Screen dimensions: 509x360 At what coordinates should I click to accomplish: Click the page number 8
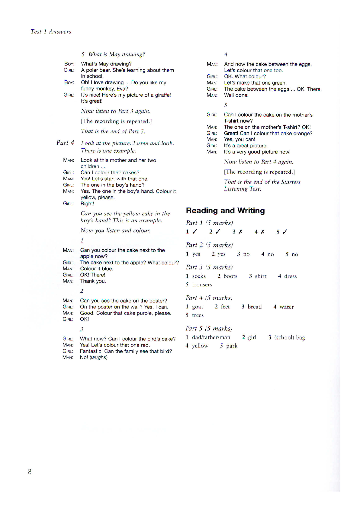(x=30, y=472)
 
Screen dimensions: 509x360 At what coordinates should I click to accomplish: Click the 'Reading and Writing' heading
(x=225, y=211)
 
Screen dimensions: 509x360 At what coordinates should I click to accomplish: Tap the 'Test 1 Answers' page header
(x=51, y=31)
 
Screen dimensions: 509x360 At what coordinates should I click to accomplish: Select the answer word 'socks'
(x=199, y=276)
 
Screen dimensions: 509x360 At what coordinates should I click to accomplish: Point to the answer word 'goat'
(x=198, y=307)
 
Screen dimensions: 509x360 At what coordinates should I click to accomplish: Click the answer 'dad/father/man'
(x=211, y=337)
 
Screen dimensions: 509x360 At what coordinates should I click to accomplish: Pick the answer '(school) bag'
(x=290, y=337)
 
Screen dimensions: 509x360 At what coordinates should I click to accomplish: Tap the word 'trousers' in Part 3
(x=202, y=285)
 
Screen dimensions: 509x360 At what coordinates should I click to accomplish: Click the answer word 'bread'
(x=255, y=307)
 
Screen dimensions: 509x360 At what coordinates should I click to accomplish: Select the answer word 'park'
(x=232, y=346)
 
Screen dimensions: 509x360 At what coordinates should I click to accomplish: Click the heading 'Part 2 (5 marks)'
(x=209, y=245)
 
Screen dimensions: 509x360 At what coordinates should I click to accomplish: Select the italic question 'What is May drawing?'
(x=116, y=54)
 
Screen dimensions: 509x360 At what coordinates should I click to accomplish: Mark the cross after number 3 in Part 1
(x=240, y=232)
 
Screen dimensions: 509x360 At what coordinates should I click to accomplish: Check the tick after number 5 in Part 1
(x=285, y=232)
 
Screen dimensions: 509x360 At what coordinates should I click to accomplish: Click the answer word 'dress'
(x=290, y=276)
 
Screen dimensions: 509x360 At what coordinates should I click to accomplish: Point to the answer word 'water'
(x=286, y=307)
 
